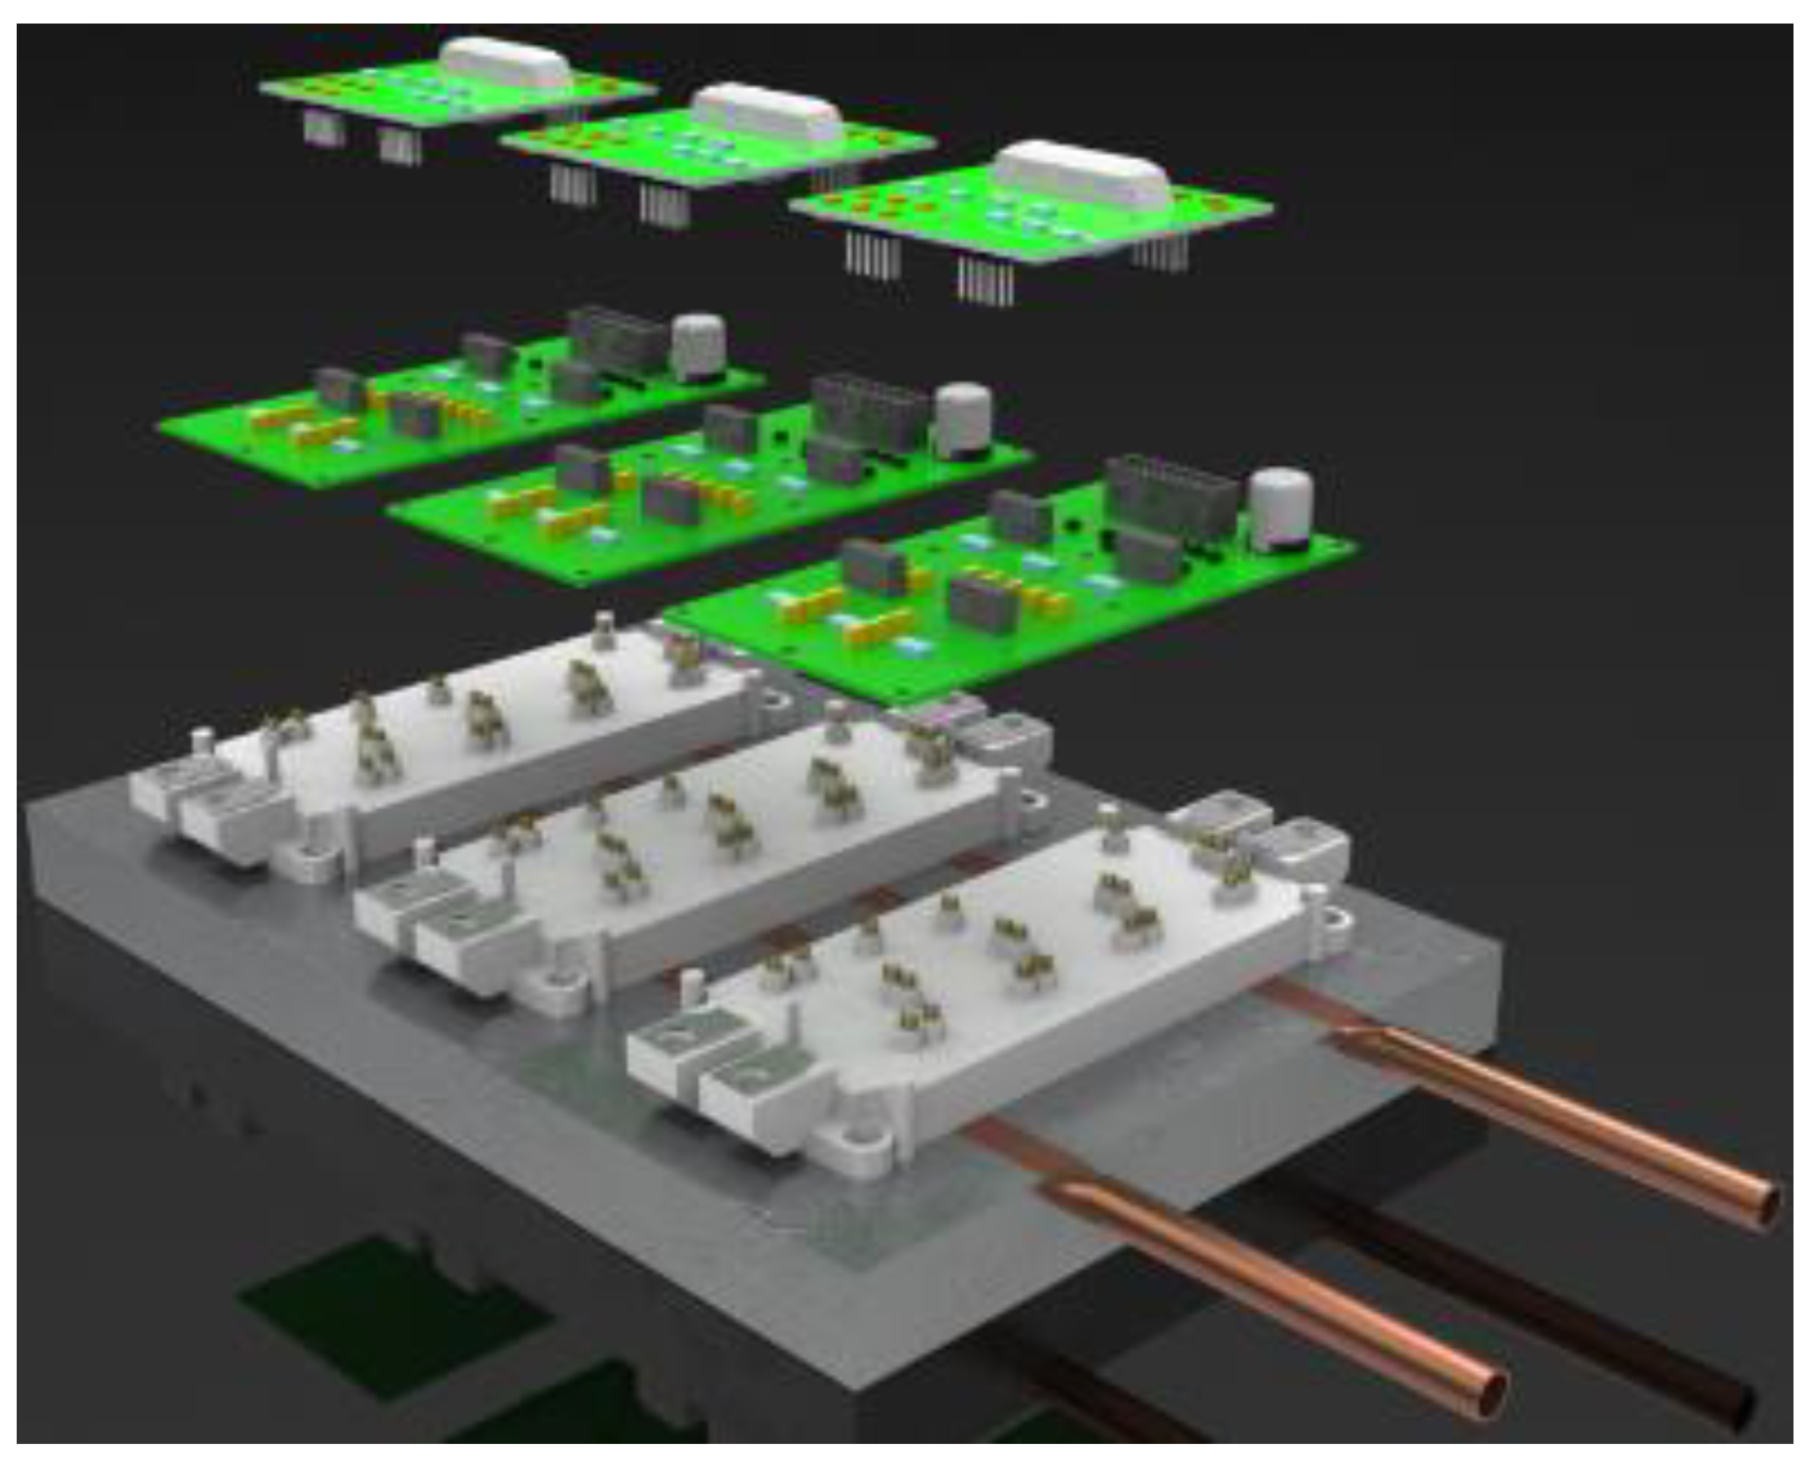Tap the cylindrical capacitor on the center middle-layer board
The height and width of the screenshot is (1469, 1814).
pyautogui.click(x=963, y=421)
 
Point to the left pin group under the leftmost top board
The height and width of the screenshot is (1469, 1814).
pyautogui.click(x=324, y=128)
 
